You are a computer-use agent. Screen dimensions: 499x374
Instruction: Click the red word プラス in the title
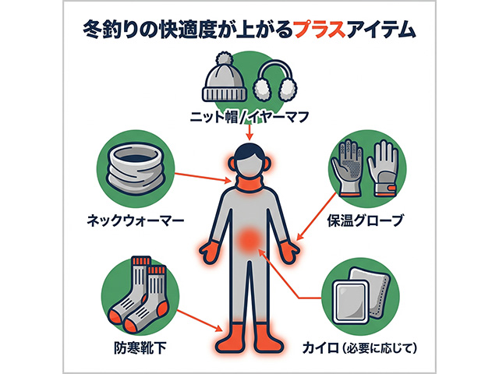pos(320,30)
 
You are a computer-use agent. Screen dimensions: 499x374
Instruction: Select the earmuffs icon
pos(275,79)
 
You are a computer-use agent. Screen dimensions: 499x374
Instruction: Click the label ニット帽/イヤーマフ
pos(249,117)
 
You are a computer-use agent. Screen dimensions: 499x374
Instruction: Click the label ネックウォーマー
pos(136,220)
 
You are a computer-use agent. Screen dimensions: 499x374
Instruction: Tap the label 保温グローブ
pos(366,220)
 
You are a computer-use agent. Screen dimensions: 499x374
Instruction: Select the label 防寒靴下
pos(140,348)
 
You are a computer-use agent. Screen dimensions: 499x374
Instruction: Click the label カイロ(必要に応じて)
pos(360,348)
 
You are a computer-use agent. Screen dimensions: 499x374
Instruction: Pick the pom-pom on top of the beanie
pos(225,59)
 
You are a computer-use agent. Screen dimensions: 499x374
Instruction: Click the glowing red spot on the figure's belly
pos(250,238)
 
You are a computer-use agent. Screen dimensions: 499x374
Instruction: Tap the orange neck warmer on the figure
pos(249,184)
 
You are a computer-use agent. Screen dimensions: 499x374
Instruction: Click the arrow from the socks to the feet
pos(200,320)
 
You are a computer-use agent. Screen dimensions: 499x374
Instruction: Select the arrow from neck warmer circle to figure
pos(203,178)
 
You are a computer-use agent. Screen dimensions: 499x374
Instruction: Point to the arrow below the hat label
pos(249,132)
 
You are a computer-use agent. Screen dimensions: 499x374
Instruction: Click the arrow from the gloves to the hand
pos(316,217)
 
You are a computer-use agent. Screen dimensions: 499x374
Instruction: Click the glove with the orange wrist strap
pos(383,168)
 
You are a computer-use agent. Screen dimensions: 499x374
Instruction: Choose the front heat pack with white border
pos(351,302)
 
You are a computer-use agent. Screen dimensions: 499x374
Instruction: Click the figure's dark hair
pos(249,151)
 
